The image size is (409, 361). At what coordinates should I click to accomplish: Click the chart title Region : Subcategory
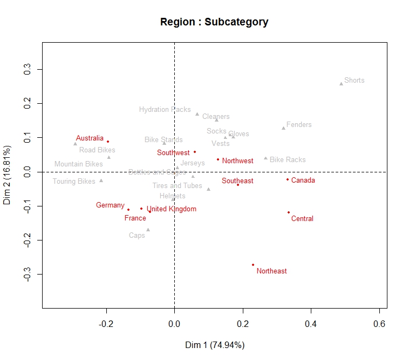click(x=214, y=22)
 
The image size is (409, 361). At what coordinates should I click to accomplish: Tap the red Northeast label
click(x=271, y=271)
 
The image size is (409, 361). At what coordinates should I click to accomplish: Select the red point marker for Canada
click(x=288, y=179)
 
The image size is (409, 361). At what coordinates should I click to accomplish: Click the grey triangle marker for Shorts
click(x=341, y=84)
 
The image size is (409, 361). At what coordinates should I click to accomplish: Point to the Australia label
click(x=90, y=138)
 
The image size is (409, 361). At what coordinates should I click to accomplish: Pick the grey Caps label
click(x=137, y=236)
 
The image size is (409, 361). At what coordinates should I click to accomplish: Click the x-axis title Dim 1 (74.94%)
click(x=214, y=345)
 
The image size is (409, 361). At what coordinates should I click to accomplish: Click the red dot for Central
click(x=289, y=212)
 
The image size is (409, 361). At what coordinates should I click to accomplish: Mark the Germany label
click(x=110, y=205)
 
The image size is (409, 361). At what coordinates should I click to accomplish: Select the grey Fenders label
click(x=299, y=125)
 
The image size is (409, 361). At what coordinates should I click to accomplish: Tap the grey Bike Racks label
click(x=288, y=160)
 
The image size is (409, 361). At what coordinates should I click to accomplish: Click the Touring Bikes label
click(x=74, y=182)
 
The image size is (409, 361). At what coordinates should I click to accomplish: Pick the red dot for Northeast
click(x=253, y=265)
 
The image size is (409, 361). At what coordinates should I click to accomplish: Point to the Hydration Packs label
click(x=165, y=110)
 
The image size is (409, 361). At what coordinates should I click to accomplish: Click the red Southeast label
click(x=237, y=181)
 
